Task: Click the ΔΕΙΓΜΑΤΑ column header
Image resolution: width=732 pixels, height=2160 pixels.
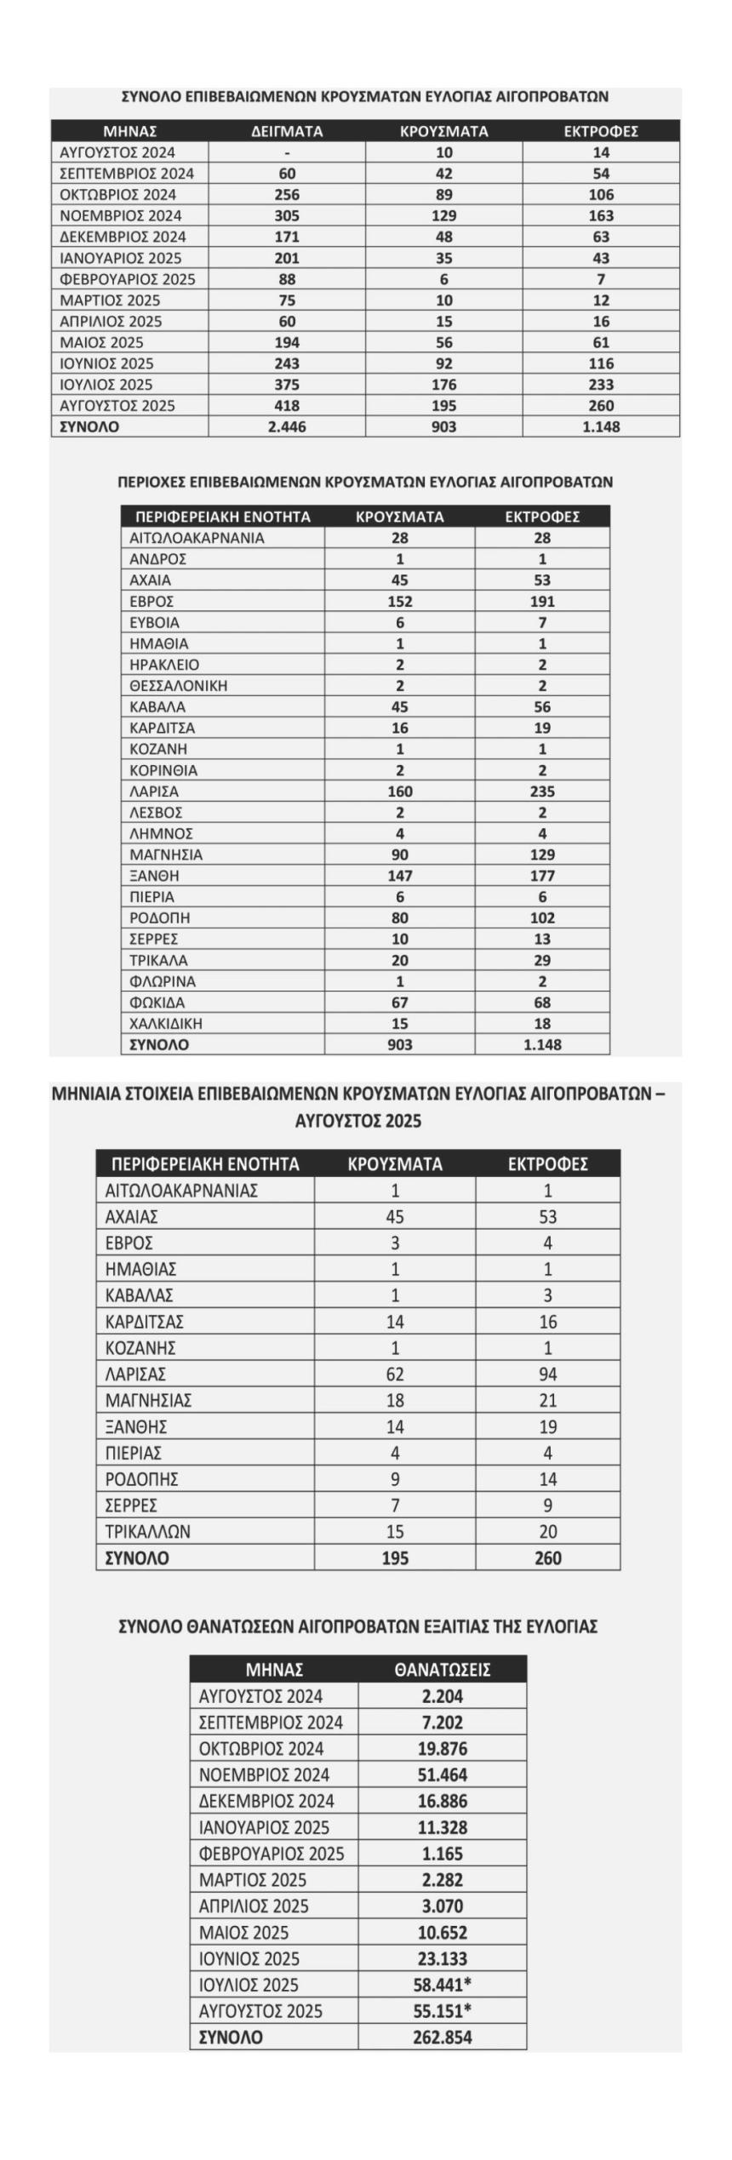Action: point(287,131)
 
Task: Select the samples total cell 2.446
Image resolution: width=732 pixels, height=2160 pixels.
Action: point(287,427)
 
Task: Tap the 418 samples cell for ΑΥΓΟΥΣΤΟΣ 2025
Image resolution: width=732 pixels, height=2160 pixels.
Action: point(287,406)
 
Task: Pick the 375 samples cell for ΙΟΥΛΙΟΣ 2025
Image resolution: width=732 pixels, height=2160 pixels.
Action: point(287,385)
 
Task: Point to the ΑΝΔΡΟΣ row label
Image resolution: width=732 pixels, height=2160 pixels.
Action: point(157,559)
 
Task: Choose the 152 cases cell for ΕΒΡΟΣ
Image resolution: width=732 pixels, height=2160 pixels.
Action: point(399,602)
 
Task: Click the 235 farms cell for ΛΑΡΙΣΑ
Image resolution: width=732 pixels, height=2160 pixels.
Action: point(542,791)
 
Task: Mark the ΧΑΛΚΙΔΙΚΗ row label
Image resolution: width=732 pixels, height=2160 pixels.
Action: point(166,1024)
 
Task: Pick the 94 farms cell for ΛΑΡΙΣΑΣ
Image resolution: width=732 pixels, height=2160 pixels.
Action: point(547,1374)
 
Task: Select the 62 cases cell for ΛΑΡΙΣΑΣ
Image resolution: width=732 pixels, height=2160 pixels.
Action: point(395,1374)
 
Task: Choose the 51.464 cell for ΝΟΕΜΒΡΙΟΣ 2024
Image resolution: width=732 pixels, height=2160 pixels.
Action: point(442,1775)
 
